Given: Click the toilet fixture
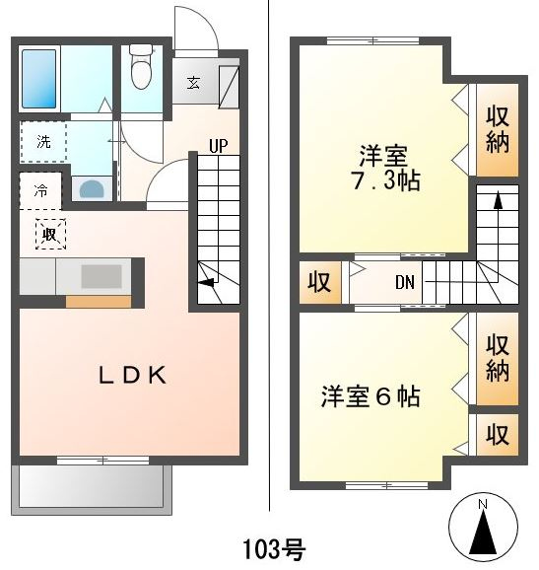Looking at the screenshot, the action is (141, 66).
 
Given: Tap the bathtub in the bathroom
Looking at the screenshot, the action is (39, 79).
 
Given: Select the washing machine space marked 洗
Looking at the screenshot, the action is (43, 141).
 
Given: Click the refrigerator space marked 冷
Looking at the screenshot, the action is (40, 190).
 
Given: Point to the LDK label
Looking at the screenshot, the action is (133, 375).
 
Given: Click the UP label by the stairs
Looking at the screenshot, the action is (219, 146).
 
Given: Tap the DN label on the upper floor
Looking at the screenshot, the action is (405, 282).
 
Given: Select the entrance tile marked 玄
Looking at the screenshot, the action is (193, 83).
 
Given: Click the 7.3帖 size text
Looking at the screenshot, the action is (385, 180).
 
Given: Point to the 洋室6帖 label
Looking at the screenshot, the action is (371, 396).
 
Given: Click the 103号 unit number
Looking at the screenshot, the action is (274, 549).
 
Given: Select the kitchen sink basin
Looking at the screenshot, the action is (101, 276).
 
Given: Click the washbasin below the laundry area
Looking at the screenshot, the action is (92, 188).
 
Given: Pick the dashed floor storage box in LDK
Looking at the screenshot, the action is (50, 234).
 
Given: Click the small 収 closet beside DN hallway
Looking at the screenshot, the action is (320, 282).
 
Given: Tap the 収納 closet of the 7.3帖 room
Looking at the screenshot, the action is (498, 130).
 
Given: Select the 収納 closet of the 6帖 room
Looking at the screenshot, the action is (498, 358).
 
